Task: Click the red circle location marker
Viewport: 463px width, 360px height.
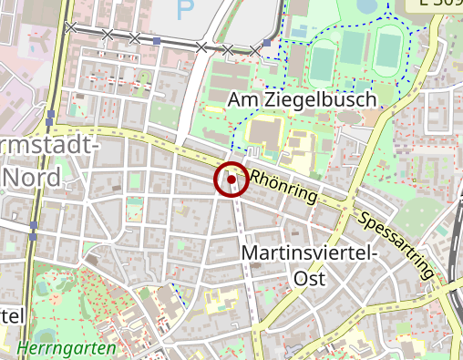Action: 231,180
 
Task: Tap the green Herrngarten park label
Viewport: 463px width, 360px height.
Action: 67,348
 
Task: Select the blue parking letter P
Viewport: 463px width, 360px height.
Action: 186,11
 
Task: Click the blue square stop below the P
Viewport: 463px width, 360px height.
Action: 157,41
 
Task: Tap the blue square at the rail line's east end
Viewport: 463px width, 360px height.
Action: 266,43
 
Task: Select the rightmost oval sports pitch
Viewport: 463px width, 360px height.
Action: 388,54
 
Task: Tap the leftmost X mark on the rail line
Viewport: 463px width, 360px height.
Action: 108,35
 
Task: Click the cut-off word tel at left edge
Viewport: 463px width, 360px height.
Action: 11,315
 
